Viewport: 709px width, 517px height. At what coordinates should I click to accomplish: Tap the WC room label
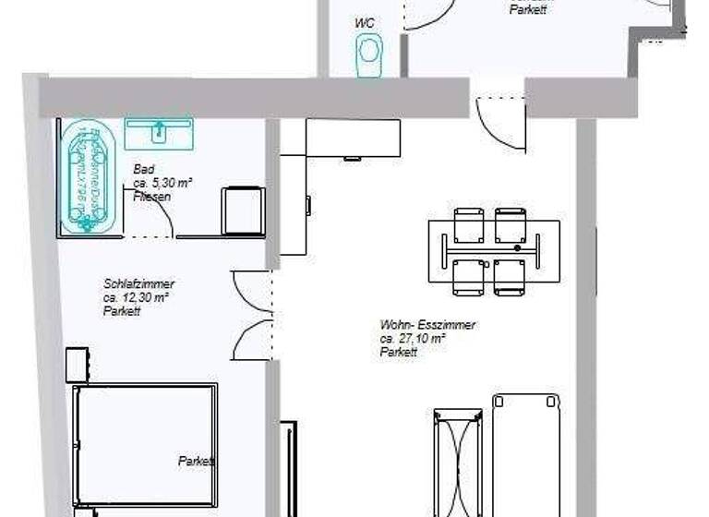pos(366,22)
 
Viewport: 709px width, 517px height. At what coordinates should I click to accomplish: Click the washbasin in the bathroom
pos(158,133)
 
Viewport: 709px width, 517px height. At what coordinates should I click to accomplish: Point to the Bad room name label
pos(143,170)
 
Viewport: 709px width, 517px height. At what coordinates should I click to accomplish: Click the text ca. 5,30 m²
pos(162,183)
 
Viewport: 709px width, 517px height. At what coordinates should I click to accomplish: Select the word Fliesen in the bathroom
pos(152,197)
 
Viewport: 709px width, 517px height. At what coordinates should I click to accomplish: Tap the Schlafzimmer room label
pos(139,284)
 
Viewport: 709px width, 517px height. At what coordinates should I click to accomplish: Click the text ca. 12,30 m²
pos(135,298)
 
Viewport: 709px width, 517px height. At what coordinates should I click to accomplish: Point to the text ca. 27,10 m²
pos(413,339)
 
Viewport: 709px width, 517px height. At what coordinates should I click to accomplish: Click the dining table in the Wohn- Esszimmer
pos(493,250)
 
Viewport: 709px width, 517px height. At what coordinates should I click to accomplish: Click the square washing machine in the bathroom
pos(243,210)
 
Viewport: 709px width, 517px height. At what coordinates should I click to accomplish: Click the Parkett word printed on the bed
pos(197,461)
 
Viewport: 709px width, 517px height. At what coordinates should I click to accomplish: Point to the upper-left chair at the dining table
pos(469,225)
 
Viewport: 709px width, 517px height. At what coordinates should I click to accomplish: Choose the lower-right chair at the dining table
pos(509,277)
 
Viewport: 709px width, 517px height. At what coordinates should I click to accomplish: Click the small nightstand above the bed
pos(77,365)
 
